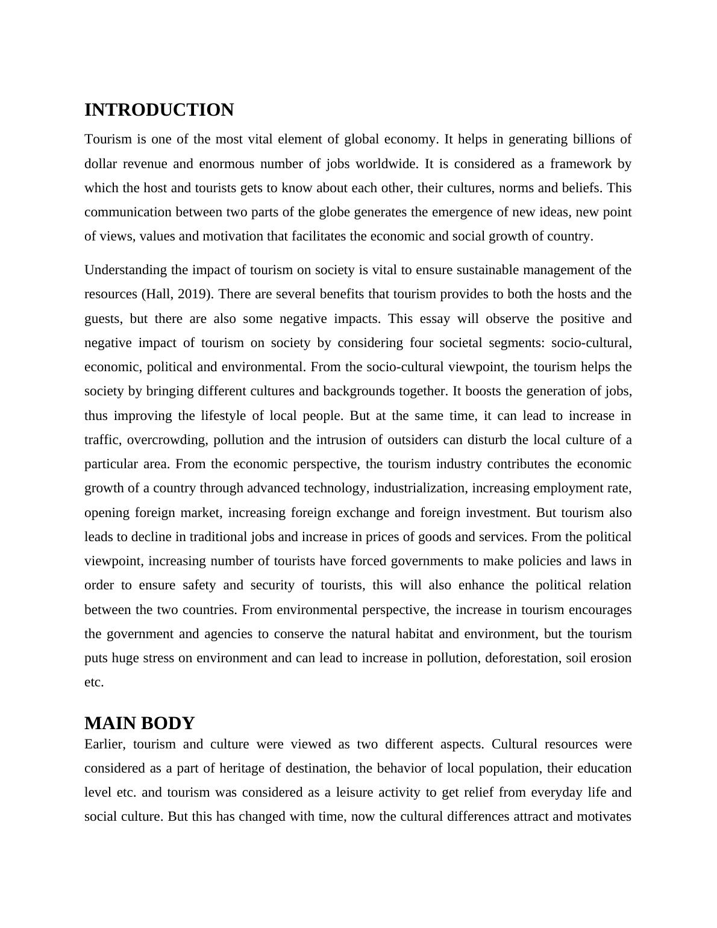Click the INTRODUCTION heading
click(159, 110)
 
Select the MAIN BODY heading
click(139, 723)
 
